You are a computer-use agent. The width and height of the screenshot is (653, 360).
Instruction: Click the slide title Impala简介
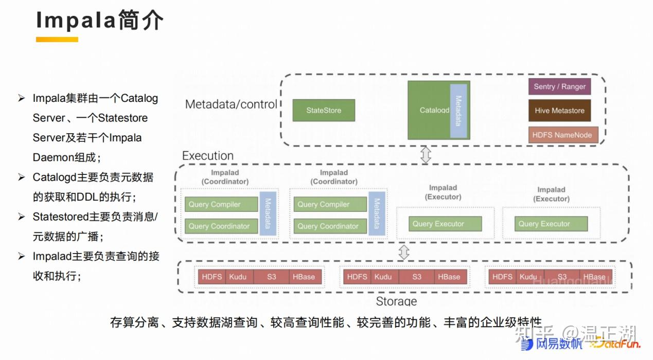coord(99,21)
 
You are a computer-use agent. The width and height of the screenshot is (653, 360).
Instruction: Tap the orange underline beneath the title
coord(57,40)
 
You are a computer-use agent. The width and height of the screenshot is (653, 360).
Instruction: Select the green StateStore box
coord(324,110)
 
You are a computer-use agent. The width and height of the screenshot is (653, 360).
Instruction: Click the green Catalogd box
coord(429,110)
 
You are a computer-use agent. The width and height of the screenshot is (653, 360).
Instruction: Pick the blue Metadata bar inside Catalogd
coord(458,111)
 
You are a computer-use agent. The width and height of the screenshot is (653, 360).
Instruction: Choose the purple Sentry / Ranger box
coord(559,86)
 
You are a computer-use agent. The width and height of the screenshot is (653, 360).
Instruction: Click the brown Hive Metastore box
coord(559,111)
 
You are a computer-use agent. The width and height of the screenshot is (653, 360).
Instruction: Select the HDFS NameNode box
coord(562,135)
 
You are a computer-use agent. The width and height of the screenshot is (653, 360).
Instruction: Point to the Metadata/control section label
coord(231,104)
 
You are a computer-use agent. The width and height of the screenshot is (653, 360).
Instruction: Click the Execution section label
coord(208,156)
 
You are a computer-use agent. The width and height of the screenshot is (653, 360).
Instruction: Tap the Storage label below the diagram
coord(396,301)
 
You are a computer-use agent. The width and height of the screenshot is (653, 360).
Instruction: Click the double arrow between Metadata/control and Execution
coord(426,155)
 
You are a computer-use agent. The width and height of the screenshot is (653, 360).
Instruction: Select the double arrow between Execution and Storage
coord(404,252)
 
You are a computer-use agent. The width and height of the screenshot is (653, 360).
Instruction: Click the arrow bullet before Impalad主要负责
coord(22,256)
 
